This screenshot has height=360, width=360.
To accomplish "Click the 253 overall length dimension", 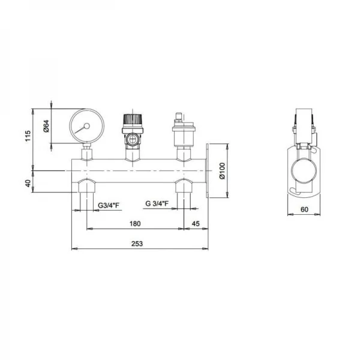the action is tap(137, 244).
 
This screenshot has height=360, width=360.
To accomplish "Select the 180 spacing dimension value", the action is tap(135, 224).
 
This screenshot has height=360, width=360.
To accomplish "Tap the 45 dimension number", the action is tap(196, 224).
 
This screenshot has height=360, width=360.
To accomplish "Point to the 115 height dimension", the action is tap(28, 136).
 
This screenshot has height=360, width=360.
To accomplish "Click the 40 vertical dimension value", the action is tap(28, 184).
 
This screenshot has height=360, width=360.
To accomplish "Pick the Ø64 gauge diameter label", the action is tap(46, 126).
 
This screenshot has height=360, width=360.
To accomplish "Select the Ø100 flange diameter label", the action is tap(222, 171).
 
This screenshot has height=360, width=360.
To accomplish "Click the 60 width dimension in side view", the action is tap(304, 209).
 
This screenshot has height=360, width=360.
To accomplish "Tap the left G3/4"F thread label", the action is tap(109, 205).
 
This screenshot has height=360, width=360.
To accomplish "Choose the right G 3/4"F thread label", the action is tap(157, 203).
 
